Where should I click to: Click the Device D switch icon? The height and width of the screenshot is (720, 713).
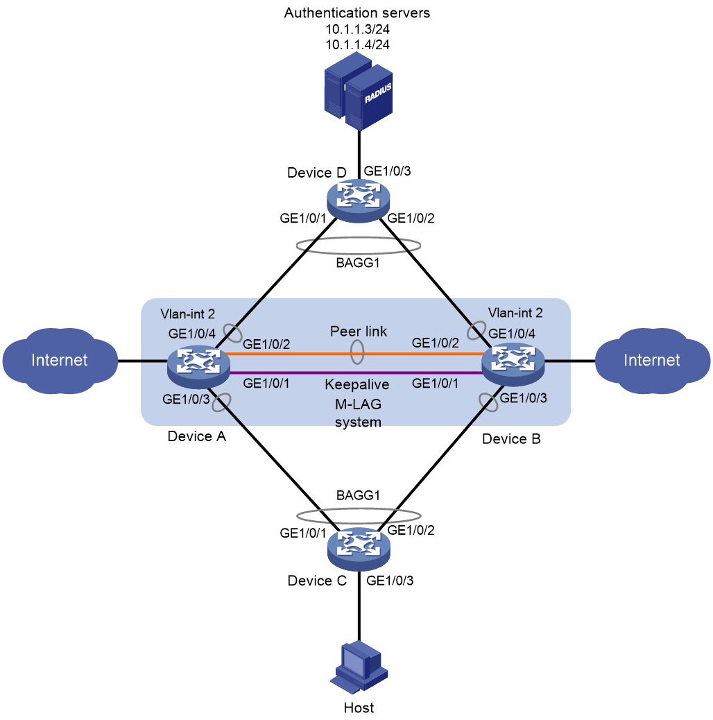[x=358, y=200]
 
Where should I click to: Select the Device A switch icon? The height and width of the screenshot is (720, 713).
[x=198, y=368]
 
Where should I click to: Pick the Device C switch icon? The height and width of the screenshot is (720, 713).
[x=359, y=549]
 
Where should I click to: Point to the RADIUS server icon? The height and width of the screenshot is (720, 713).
[x=359, y=92]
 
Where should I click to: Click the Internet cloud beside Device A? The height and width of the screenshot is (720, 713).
[x=60, y=361]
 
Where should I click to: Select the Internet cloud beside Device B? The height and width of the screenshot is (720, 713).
[x=653, y=361]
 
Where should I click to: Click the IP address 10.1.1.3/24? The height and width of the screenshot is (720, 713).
[x=358, y=29]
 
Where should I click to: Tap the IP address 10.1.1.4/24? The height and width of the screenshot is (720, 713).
[x=358, y=45]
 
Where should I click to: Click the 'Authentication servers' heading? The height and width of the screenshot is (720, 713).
[x=357, y=13]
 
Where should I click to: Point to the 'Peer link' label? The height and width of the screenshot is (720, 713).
[x=359, y=331]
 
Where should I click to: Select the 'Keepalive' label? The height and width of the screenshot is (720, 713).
[x=356, y=384]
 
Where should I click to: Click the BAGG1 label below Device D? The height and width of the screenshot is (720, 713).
[x=358, y=263]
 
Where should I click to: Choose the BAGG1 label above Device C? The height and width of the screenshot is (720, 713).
[x=358, y=495]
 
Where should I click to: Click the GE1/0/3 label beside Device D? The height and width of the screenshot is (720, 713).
[x=387, y=171]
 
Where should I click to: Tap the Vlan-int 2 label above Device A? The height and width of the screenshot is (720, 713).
[x=188, y=314]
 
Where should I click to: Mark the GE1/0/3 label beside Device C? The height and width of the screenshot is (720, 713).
[x=390, y=581]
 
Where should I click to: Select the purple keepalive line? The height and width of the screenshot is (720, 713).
[x=356, y=373]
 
